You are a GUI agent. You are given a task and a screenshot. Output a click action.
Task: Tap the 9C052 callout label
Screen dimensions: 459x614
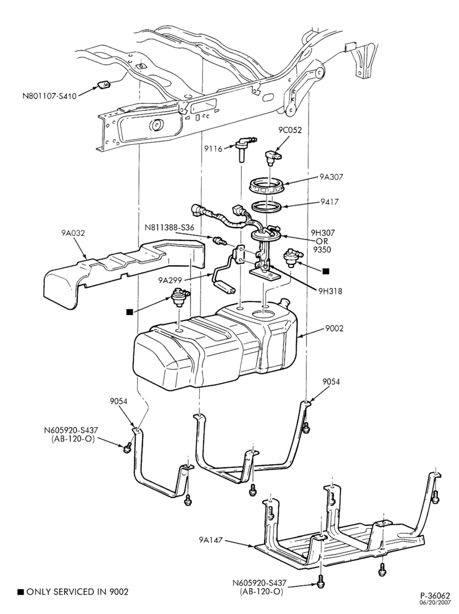(x=290, y=130)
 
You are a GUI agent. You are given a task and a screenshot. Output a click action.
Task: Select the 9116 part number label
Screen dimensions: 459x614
(x=213, y=149)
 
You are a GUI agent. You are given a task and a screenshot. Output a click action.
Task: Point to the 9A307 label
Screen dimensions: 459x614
(x=331, y=177)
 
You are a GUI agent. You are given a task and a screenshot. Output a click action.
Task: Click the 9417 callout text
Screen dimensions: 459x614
(x=329, y=202)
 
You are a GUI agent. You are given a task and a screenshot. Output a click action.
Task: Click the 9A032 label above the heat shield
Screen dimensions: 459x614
(x=73, y=234)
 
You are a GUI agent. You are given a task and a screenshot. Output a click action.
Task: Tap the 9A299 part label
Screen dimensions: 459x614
(x=170, y=280)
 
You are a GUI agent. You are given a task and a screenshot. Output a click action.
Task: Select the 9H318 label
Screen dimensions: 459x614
(x=330, y=291)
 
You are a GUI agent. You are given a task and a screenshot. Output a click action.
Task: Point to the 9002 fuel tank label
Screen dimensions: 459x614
(x=334, y=328)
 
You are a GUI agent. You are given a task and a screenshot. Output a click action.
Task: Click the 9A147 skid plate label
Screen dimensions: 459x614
(x=210, y=540)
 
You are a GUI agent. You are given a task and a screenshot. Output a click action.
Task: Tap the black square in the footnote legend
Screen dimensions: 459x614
(x=21, y=592)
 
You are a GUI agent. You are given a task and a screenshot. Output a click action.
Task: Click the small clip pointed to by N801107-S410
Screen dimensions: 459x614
(x=103, y=84)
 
